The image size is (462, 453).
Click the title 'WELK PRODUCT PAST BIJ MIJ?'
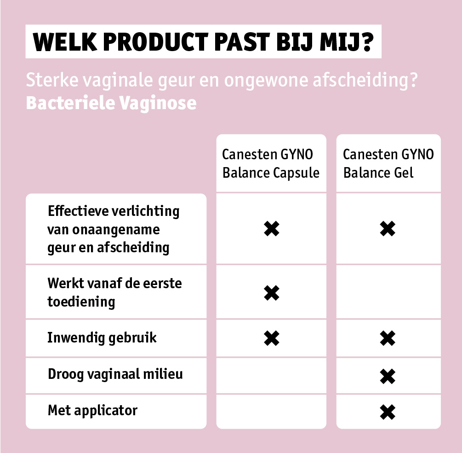click(203, 42)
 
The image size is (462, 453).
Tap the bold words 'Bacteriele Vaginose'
click(111, 103)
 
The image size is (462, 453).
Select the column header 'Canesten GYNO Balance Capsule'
click(271, 163)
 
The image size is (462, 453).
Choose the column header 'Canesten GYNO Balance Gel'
click(388, 163)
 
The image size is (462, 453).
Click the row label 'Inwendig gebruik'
click(102, 338)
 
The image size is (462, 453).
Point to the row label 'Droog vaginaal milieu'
click(115, 374)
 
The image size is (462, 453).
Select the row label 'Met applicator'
click(92, 411)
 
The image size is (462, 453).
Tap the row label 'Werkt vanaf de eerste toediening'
click(114, 292)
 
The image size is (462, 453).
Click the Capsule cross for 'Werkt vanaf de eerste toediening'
click(272, 293)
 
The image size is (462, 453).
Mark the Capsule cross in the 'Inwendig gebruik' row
click(272, 338)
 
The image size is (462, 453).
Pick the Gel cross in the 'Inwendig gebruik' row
click(388, 338)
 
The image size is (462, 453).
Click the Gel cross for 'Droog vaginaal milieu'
click(388, 376)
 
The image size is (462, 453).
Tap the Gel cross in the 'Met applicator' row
click(388, 412)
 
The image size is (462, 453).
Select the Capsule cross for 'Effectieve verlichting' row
click(272, 229)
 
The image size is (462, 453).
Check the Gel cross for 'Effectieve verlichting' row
click(388, 229)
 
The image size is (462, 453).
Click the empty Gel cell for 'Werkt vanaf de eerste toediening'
click(388, 292)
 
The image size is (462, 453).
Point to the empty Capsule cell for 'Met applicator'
click(271, 412)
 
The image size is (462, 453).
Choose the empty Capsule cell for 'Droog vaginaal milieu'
click(271, 375)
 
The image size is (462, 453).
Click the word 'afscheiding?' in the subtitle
click(365, 80)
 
